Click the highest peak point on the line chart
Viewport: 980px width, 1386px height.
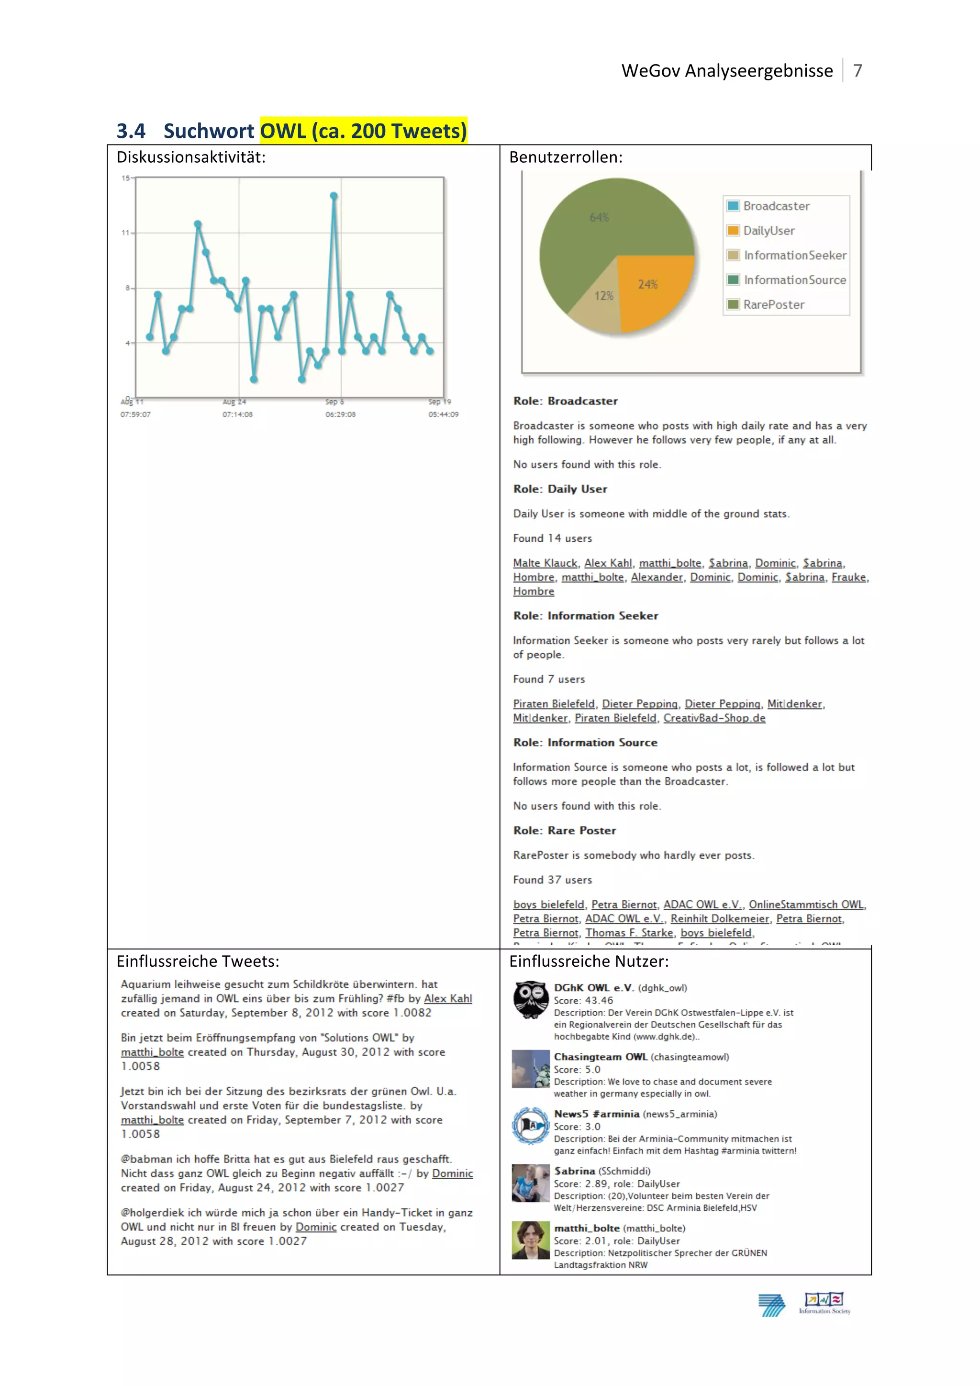pos(334,196)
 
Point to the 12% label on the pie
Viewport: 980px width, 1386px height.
pos(604,296)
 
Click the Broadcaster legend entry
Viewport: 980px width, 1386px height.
pos(775,206)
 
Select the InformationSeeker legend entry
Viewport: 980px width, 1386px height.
pos(794,256)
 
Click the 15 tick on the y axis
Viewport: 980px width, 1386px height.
pos(125,178)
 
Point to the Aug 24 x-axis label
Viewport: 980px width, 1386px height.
pos(234,402)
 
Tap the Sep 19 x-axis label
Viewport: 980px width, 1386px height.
pos(439,402)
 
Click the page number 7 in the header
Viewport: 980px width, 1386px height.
pos(857,71)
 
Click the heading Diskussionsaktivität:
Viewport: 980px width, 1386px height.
pos(191,157)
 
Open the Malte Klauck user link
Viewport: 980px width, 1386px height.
pos(545,563)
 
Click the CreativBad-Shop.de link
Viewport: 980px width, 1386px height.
pos(714,718)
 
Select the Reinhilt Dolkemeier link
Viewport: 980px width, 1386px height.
pos(719,919)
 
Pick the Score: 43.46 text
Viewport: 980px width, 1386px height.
pos(583,1000)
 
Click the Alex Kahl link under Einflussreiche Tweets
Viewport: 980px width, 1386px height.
pos(448,998)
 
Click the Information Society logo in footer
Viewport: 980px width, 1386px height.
pos(824,1303)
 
